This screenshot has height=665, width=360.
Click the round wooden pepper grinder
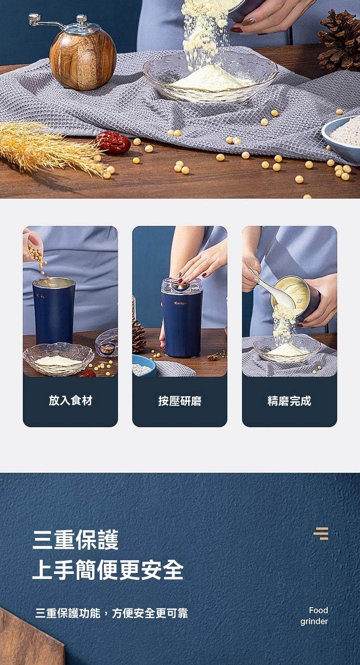point(82,58)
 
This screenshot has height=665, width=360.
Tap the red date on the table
point(113,143)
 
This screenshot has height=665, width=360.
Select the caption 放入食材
point(70,400)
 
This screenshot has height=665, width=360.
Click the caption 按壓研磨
point(180,401)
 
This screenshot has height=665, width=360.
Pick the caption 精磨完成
point(289,401)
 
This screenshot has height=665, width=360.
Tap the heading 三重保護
point(76,540)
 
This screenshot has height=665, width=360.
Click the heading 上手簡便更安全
point(108,569)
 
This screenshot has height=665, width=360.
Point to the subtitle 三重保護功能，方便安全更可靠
point(112,614)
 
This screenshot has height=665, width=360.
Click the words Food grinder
point(314,616)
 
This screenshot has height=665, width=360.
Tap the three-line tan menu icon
point(321,533)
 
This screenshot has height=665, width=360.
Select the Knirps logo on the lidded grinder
point(180,303)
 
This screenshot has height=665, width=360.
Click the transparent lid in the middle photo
point(182,285)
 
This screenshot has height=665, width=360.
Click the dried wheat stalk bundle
point(51,147)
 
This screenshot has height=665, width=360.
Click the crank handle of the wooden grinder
point(46,22)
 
